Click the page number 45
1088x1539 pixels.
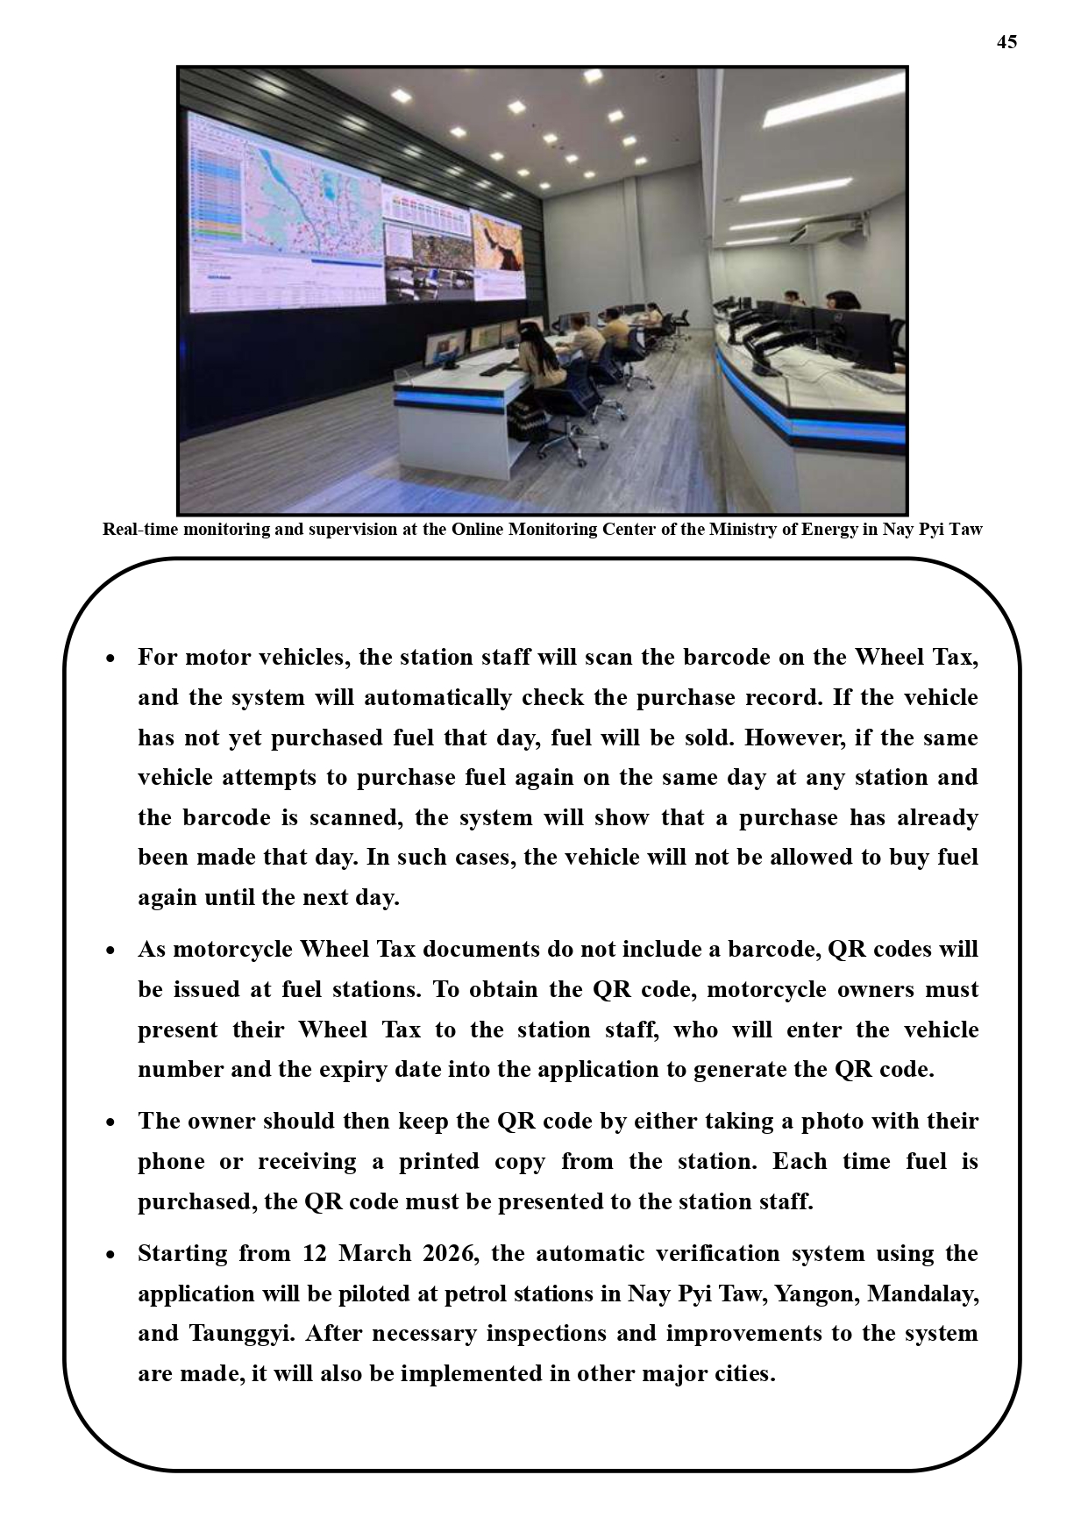tap(1006, 42)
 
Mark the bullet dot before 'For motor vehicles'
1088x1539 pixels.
tap(110, 659)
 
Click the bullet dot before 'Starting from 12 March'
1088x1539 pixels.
tap(110, 1255)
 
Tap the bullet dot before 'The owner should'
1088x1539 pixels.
tap(110, 1122)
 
